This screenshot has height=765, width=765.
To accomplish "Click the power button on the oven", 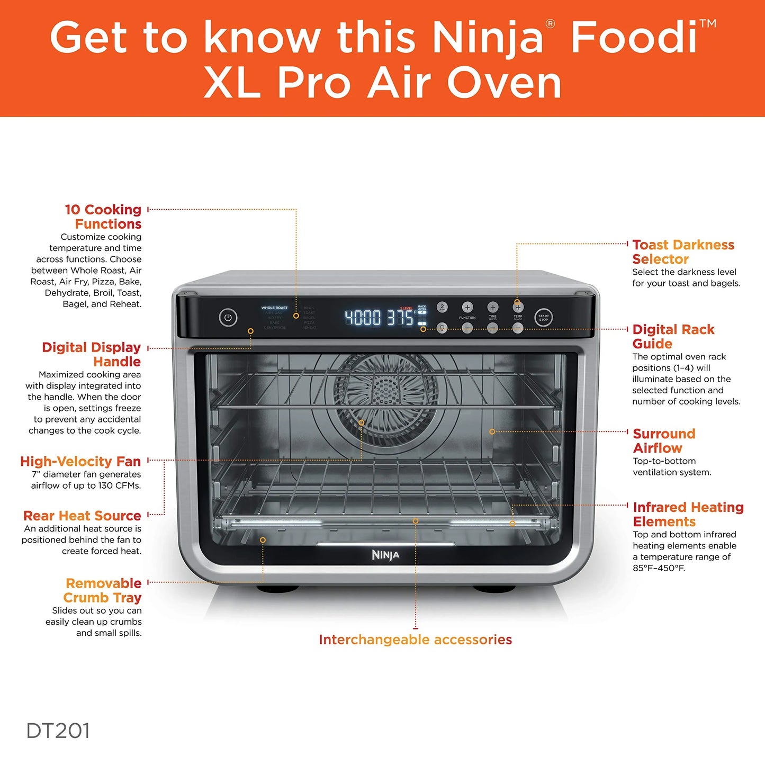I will tap(228, 318).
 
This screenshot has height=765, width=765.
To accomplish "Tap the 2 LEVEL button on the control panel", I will tap(442, 307).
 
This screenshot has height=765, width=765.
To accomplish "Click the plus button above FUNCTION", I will tap(467, 307).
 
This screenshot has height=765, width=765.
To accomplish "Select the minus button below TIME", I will tap(492, 328).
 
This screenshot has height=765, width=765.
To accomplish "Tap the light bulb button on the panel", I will tap(442, 328).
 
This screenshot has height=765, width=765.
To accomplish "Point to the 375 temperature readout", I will tap(400, 318).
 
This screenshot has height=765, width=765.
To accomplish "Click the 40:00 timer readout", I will tap(363, 318).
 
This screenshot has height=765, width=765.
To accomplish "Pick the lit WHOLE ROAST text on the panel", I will tap(274, 308).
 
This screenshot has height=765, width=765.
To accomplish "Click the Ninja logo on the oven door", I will tap(385, 555).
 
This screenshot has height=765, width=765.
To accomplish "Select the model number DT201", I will tap(58, 731).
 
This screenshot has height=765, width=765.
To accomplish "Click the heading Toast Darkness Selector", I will tap(683, 252).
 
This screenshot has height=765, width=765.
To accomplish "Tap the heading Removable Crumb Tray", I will tap(103, 590).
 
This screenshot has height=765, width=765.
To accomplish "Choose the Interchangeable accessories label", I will tap(415, 640).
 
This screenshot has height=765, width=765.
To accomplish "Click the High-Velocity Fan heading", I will tap(80, 461).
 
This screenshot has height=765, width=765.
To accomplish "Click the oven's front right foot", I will tap(493, 588).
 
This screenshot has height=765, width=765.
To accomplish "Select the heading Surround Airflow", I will tap(664, 440).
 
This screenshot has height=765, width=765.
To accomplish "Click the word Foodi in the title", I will tap(634, 37).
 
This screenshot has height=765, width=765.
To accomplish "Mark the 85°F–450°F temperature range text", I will tap(659, 568).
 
